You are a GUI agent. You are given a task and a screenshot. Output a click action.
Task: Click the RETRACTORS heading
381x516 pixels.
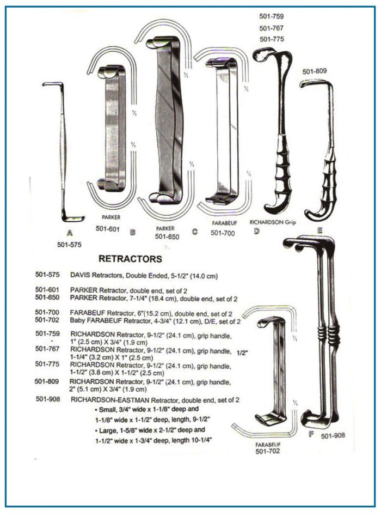tap(130, 259)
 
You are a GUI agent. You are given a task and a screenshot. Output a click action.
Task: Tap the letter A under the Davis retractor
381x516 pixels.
tap(70, 233)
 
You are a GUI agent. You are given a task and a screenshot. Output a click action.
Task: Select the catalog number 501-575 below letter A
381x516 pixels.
tap(69, 245)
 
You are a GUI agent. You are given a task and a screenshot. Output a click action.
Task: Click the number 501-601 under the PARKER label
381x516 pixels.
tap(107, 229)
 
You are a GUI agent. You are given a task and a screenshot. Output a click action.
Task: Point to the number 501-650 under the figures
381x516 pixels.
tap(167, 236)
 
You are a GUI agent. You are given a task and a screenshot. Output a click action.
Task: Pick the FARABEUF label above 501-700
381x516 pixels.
tap(225, 223)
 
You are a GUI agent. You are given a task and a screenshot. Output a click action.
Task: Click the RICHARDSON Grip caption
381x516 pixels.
tap(273, 222)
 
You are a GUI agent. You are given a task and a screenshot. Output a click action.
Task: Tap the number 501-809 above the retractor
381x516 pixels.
tap(315, 71)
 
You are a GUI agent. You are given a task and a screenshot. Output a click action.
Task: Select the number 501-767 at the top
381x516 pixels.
tap(271, 28)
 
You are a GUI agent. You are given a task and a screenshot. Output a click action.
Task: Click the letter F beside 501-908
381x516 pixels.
tap(311, 434)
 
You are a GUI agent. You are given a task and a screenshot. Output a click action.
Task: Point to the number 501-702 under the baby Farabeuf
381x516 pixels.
tap(268, 451)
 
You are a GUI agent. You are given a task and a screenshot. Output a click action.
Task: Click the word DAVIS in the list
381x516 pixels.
tap(79, 276)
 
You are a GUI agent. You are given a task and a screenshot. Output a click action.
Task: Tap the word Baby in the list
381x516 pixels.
tap(77, 320)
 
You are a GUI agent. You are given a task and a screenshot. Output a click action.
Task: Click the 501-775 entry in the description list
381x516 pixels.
tap(47, 364)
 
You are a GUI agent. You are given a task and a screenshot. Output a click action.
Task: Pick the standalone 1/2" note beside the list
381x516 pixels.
tap(242, 353)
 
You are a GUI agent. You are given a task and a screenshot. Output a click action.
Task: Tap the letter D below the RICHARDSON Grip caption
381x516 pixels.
tap(257, 232)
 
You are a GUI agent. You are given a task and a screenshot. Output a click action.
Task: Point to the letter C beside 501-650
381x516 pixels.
tap(195, 232)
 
